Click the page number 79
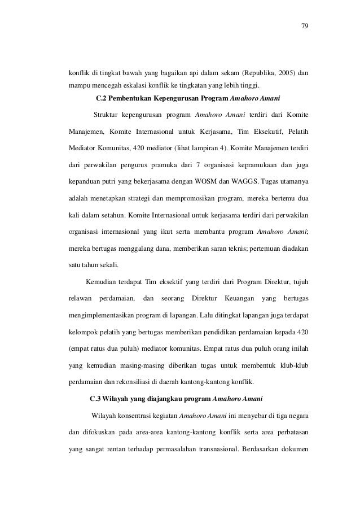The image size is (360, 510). [305, 26]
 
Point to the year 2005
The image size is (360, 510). [287, 73]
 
